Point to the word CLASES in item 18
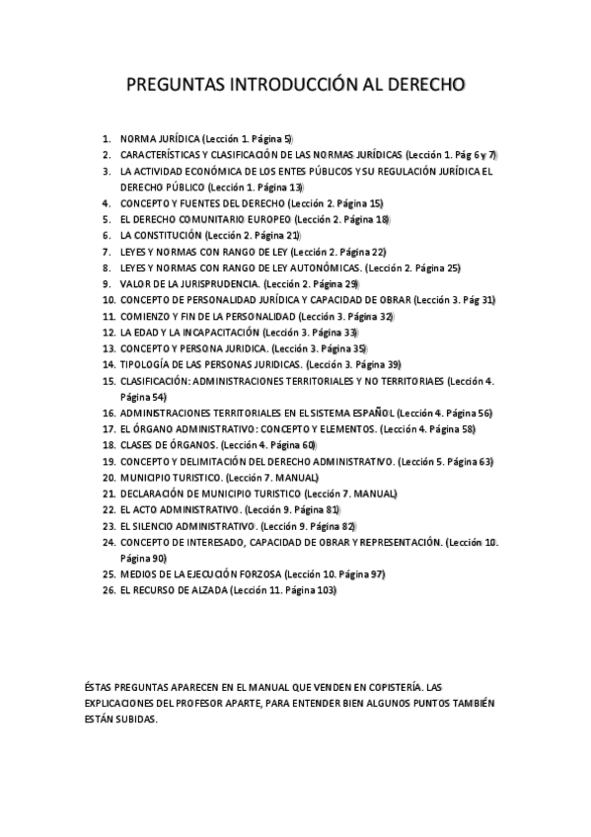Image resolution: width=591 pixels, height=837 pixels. pyautogui.click(x=135, y=445)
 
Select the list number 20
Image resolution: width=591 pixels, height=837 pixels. pyautogui.click(x=109, y=478)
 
